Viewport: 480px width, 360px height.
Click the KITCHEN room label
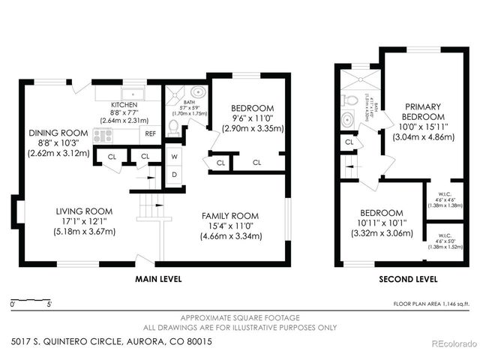[x=124, y=105]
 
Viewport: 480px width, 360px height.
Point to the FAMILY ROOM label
[x=231, y=216]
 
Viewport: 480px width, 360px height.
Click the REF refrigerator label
[x=151, y=134]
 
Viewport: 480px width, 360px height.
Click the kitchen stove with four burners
[x=102, y=136]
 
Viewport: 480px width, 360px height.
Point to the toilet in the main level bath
[x=173, y=127]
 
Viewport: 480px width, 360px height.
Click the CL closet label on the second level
[x=349, y=142]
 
